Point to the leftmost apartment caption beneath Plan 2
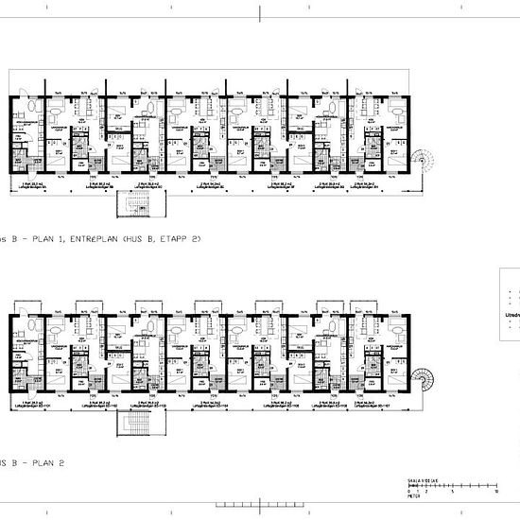[x=30, y=405]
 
